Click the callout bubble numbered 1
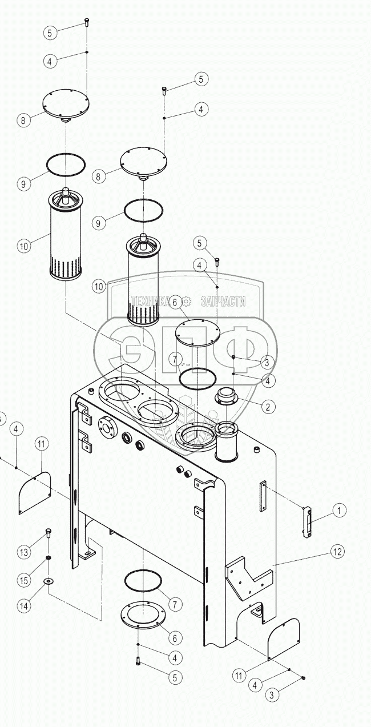[x=339, y=510]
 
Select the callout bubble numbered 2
[x=268, y=407]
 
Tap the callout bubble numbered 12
[x=338, y=552]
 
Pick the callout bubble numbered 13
[x=23, y=552]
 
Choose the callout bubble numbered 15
[x=23, y=580]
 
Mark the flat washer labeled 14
[x=49, y=581]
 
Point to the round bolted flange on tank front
[x=106, y=427]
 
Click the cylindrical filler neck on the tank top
[x=227, y=442]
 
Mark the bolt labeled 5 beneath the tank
[x=138, y=662]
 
